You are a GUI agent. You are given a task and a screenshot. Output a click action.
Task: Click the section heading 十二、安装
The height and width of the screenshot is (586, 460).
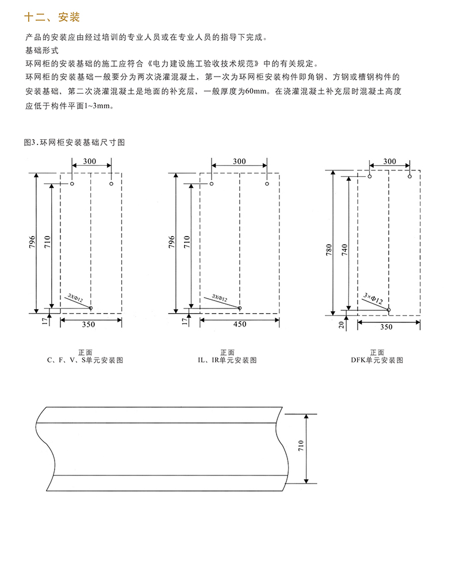[52, 17]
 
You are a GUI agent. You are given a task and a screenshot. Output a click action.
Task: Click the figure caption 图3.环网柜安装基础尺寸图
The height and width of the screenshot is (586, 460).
[74, 142]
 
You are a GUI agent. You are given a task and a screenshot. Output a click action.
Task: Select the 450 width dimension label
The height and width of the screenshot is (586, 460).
[240, 325]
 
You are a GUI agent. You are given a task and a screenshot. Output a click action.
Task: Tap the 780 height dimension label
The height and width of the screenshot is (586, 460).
[329, 250]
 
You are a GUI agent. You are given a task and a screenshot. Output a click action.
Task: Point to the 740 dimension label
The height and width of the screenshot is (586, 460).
[344, 250]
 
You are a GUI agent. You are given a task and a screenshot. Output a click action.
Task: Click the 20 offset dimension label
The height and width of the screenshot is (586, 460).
[342, 325]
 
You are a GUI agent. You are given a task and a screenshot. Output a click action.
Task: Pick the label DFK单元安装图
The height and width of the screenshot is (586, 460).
[377, 360]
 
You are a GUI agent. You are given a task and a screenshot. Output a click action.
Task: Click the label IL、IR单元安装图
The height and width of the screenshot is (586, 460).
[227, 360]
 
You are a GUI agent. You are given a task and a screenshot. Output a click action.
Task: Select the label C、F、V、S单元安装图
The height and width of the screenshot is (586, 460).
[85, 360]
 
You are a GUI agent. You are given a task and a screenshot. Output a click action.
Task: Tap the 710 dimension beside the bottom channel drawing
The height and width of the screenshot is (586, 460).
[301, 446]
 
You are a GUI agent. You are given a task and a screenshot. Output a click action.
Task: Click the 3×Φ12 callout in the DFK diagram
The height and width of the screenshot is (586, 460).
[373, 299]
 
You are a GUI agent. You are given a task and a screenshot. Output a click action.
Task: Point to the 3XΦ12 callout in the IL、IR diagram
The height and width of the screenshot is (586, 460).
[220, 298]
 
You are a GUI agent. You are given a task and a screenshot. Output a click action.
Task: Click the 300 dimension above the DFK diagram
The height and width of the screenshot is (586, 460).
[389, 161]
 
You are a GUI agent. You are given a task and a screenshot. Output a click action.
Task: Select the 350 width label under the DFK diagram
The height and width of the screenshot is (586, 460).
[386, 327]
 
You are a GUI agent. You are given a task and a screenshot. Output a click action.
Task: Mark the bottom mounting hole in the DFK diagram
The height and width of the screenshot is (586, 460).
[389, 310]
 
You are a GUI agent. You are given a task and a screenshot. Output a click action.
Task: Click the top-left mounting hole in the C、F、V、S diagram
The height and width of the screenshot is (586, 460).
[72, 184]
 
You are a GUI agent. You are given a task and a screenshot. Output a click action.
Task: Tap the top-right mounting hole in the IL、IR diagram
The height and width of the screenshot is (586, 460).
[267, 184]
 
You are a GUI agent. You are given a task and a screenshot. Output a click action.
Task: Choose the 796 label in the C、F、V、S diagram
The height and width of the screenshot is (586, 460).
[32, 242]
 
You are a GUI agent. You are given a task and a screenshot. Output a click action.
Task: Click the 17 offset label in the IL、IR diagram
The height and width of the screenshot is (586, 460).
[185, 321]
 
